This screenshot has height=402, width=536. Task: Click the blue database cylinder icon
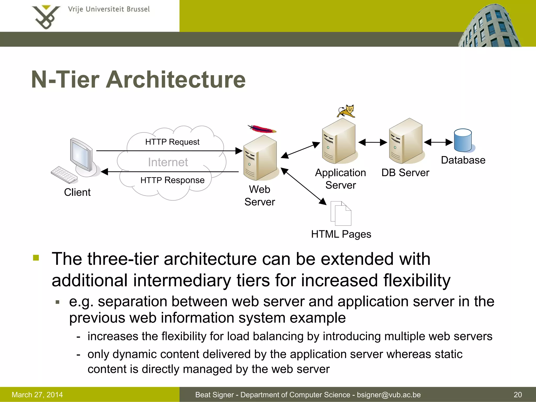pos(463,141)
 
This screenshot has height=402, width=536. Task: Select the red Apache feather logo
pos(262,129)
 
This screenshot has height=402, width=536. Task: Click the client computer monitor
pos(81,155)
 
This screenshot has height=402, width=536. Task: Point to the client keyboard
pos(64,175)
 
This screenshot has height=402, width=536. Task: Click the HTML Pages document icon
pos(341,213)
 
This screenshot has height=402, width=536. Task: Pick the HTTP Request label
pos(172,142)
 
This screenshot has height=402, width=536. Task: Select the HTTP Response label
pos(172,180)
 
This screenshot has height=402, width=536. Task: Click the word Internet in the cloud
pos(168,162)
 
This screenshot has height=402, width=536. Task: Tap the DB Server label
pos(405,173)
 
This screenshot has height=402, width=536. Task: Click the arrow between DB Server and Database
pos(438,142)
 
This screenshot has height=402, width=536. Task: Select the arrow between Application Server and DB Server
pos(372,142)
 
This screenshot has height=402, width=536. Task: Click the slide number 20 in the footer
pos(518,395)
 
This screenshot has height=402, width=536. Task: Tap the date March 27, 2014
pos(37,395)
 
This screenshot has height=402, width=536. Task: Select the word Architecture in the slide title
pos(176,80)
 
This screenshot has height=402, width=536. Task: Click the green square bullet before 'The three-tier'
pos(36,258)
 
